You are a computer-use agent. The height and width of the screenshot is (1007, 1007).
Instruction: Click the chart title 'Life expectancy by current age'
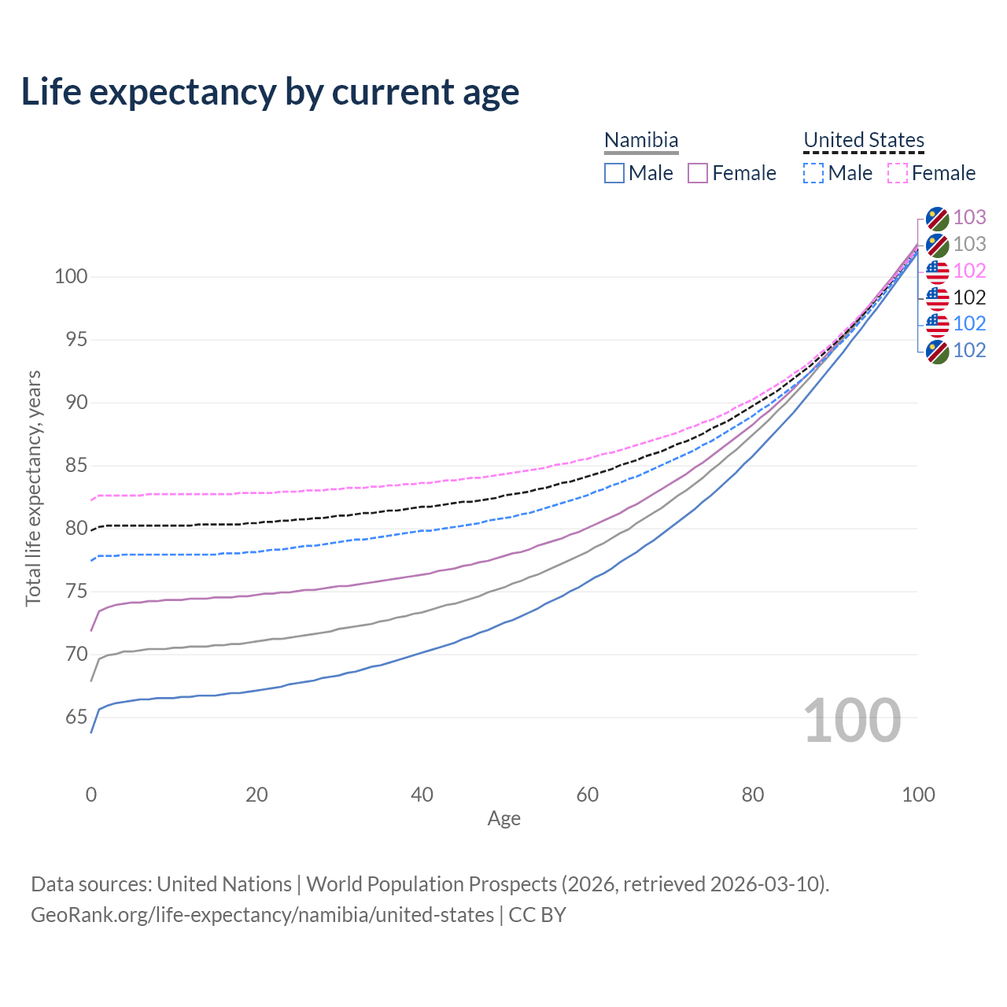[x=270, y=92]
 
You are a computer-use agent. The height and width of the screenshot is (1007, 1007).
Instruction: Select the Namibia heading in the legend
[x=641, y=140]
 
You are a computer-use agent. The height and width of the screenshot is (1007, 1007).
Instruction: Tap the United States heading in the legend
[x=863, y=140]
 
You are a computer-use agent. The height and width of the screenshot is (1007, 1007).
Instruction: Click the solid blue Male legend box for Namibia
[x=614, y=173]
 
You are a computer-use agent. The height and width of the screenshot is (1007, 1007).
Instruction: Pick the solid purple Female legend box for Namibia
[x=698, y=173]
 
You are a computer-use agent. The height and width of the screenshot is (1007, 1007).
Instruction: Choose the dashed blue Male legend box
[x=813, y=173]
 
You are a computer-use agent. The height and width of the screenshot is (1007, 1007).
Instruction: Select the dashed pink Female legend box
[x=898, y=173]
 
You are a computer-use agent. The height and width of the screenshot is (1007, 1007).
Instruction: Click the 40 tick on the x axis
[x=422, y=795]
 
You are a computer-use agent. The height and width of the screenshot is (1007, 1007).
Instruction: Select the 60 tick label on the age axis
[x=588, y=795]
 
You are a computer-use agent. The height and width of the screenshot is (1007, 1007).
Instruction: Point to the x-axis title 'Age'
[x=503, y=819]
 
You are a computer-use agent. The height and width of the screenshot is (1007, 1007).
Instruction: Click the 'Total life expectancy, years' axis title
[x=33, y=488]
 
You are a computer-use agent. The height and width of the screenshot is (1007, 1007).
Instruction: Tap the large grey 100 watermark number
[x=852, y=721]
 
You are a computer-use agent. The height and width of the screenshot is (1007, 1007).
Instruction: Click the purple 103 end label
[x=969, y=217]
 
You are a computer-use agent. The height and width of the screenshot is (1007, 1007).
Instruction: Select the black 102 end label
[x=969, y=297]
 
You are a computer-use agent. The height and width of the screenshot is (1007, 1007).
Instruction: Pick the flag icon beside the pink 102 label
[x=937, y=271]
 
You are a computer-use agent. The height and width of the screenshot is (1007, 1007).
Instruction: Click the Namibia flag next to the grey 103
[x=937, y=245]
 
